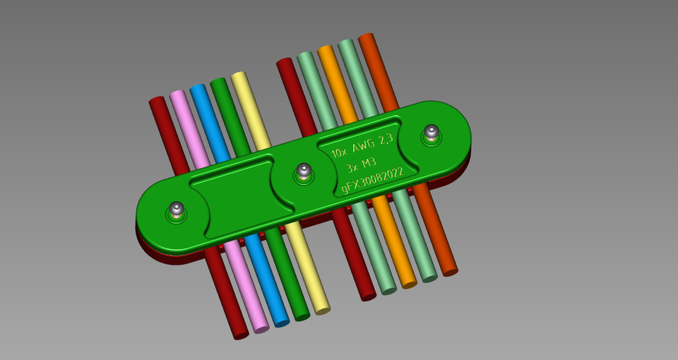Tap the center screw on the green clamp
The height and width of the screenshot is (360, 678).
(304, 171)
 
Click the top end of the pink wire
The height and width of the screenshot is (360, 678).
(178, 95)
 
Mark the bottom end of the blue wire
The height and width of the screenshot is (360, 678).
(281, 322)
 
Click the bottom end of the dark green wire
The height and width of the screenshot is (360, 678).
(302, 316)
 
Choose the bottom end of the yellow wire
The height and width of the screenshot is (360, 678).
(322, 308)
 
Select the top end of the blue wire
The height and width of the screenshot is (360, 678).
(198, 89)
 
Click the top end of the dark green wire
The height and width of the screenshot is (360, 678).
(219, 83)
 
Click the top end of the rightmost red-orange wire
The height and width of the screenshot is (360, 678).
(367, 38)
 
